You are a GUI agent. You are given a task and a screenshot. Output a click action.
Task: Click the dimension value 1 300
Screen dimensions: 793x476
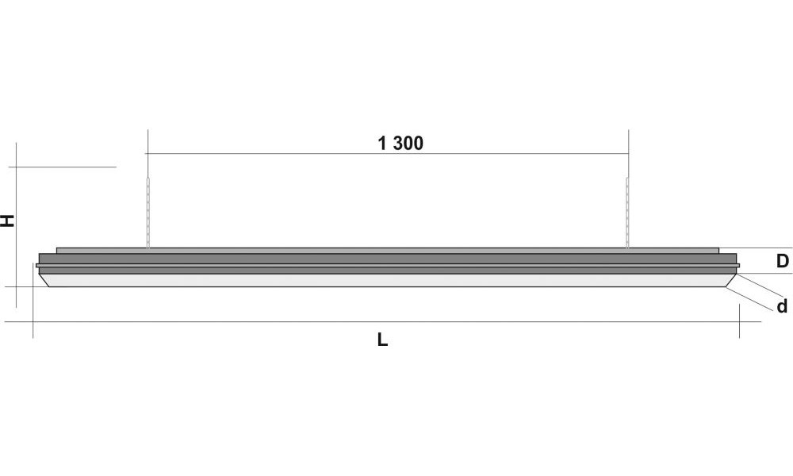[x=400, y=144]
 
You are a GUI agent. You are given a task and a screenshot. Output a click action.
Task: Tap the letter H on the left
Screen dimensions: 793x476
[x=8, y=221]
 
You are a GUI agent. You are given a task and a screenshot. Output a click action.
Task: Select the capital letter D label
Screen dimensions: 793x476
[x=783, y=261]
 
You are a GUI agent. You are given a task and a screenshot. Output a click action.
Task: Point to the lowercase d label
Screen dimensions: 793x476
[x=783, y=306]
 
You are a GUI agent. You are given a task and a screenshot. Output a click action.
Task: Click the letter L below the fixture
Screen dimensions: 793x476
[x=382, y=340]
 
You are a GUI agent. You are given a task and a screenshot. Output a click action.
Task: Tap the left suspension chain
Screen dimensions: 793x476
[x=148, y=213]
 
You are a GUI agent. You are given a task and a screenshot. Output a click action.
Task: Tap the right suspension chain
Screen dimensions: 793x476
[x=627, y=213]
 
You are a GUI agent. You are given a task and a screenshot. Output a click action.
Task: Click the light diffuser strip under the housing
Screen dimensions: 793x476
[x=388, y=280]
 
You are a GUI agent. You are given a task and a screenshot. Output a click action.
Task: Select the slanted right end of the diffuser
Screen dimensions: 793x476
[x=731, y=280]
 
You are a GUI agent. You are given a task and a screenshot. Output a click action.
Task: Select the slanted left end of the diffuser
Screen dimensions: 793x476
[x=44, y=280]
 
